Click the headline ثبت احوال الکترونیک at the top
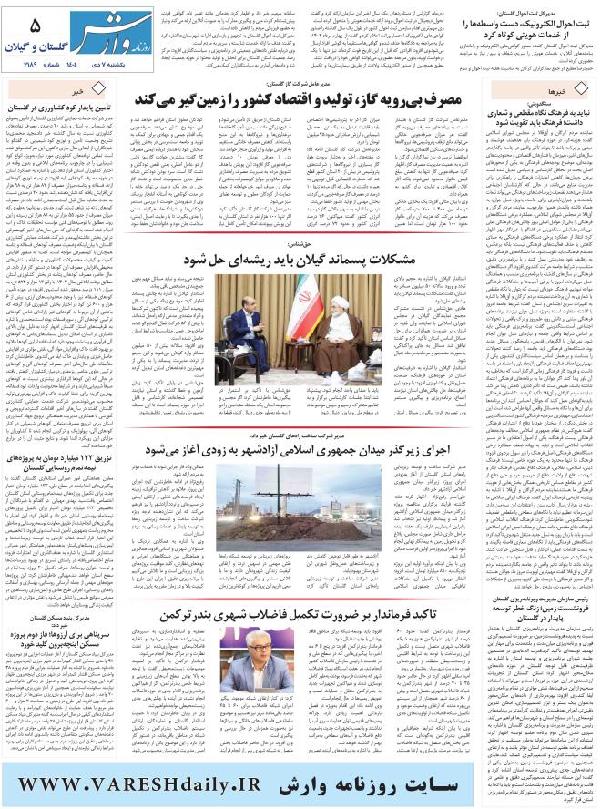[x=528, y=23]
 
